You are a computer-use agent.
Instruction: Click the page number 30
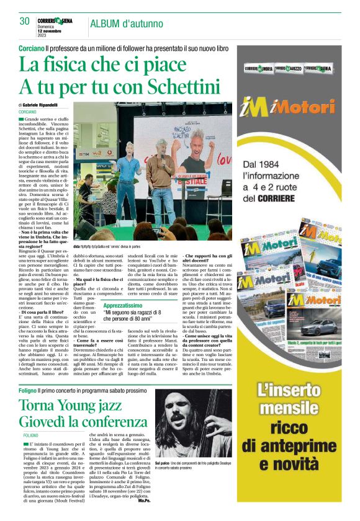click(25, 22)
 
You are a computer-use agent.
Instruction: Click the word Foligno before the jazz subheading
click(28, 391)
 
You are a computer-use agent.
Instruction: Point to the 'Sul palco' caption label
click(162, 463)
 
